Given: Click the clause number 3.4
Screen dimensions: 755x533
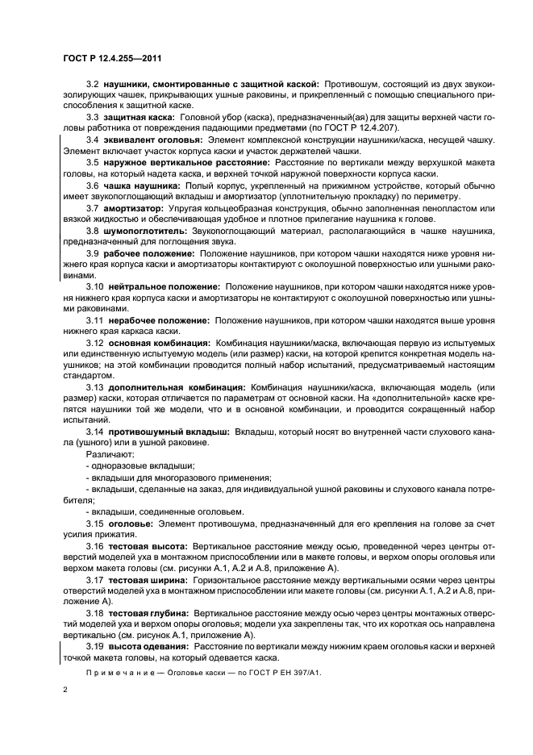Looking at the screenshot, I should pos(92,140).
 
